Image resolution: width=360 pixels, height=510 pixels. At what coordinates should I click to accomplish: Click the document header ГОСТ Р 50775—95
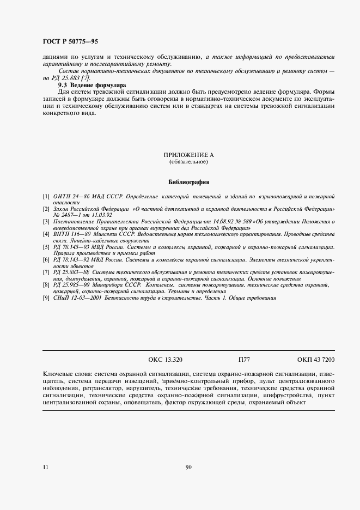tap(70, 41)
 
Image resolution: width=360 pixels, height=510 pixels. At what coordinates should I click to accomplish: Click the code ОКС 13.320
tap(165, 360)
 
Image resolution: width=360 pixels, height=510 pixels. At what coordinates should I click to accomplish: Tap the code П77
tap(244, 360)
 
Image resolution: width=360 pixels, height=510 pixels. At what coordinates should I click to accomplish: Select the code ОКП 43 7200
tap(316, 360)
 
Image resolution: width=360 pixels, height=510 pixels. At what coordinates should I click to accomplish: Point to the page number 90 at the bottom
tap(188, 467)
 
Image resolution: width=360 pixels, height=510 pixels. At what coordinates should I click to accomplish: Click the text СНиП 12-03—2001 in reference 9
tap(76, 298)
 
